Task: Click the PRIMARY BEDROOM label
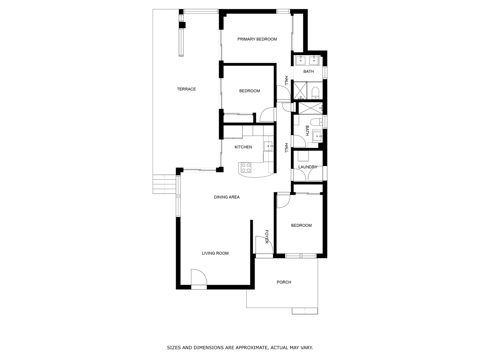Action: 257,39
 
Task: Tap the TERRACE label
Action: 186,89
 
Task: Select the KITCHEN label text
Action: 243,147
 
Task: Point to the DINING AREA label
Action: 227,197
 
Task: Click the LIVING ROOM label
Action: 215,253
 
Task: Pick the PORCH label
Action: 284,282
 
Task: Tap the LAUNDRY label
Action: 308,167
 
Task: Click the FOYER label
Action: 266,237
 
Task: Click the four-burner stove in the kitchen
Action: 246,167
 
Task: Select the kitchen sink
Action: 268,146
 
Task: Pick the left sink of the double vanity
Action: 301,61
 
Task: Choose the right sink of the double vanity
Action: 314,61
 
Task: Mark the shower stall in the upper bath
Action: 300,90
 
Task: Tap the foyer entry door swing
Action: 263,244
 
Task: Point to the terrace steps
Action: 164,184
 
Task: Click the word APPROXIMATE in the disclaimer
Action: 251,348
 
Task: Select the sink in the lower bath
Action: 317,136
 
